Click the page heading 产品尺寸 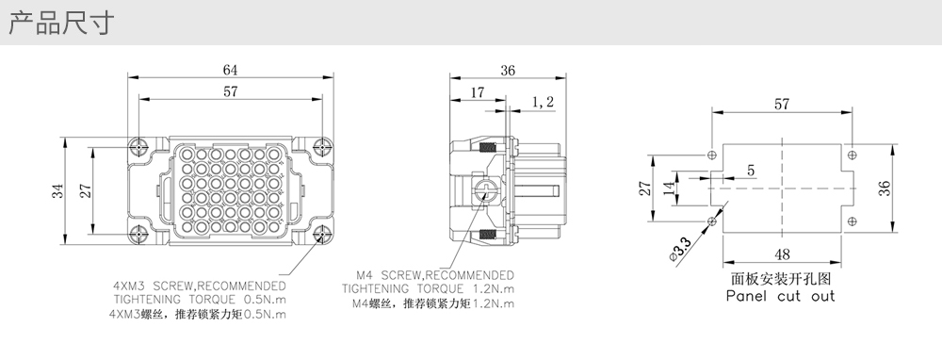tap(60, 23)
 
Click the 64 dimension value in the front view tap(230, 70)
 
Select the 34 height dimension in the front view tap(57, 191)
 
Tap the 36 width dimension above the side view tap(508, 71)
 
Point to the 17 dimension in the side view tap(477, 92)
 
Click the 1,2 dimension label tap(543, 102)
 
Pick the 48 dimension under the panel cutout tap(782, 254)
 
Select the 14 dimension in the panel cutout tap(669, 188)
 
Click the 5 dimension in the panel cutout tap(751, 170)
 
